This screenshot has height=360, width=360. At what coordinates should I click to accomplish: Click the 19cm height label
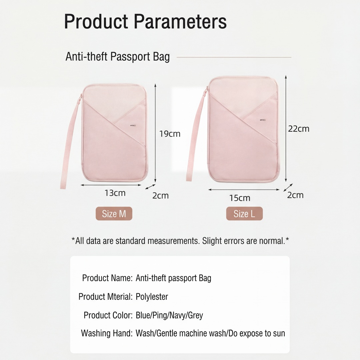pos(170,134)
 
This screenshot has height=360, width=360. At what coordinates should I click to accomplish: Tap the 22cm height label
pos(299,129)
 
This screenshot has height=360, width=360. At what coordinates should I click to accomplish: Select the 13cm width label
pos(115,193)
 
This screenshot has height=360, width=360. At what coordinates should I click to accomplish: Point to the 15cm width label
pos(240,198)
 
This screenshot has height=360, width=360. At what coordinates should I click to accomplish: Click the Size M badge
pos(114,214)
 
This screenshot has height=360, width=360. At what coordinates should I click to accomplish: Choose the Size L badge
pos(244,214)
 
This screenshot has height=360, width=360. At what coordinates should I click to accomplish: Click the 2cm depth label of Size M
pos(160,195)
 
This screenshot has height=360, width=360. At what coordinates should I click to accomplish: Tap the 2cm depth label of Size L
pos(295,195)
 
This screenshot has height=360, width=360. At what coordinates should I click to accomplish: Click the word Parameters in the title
pos(180,21)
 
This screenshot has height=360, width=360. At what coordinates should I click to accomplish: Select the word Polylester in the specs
pos(152,297)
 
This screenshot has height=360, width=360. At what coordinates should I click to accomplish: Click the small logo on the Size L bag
pos(263,120)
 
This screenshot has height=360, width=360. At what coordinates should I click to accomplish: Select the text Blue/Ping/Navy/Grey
pos(169,315)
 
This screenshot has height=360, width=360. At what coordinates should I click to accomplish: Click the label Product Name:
pos(107,278)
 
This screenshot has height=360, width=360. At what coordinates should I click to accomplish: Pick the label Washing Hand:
pos(107,333)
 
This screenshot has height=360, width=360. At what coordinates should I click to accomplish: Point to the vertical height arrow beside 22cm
pos(286,129)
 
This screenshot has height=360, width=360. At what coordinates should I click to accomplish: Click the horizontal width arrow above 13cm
pos(111,185)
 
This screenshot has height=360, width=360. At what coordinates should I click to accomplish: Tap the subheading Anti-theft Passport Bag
pos(118,56)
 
